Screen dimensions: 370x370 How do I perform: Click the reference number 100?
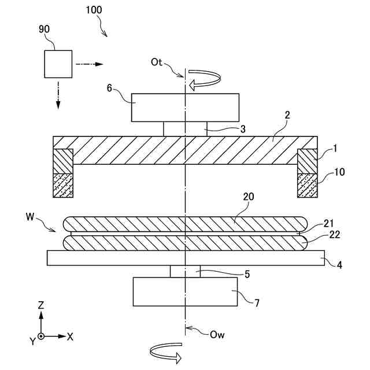point(95,10)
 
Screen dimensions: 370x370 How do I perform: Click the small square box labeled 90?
point(58,64)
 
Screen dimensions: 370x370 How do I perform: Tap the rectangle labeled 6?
point(185,107)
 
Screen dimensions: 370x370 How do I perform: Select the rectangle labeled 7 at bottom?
point(185,291)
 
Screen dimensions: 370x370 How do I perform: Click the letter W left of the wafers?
point(30,217)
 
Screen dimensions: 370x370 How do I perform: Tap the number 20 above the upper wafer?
point(248,198)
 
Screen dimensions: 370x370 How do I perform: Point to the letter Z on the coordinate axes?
point(41,305)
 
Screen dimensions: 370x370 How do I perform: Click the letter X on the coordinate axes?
point(70,336)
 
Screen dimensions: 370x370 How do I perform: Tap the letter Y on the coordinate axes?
point(33,342)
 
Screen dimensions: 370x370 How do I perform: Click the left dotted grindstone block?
point(63,185)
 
